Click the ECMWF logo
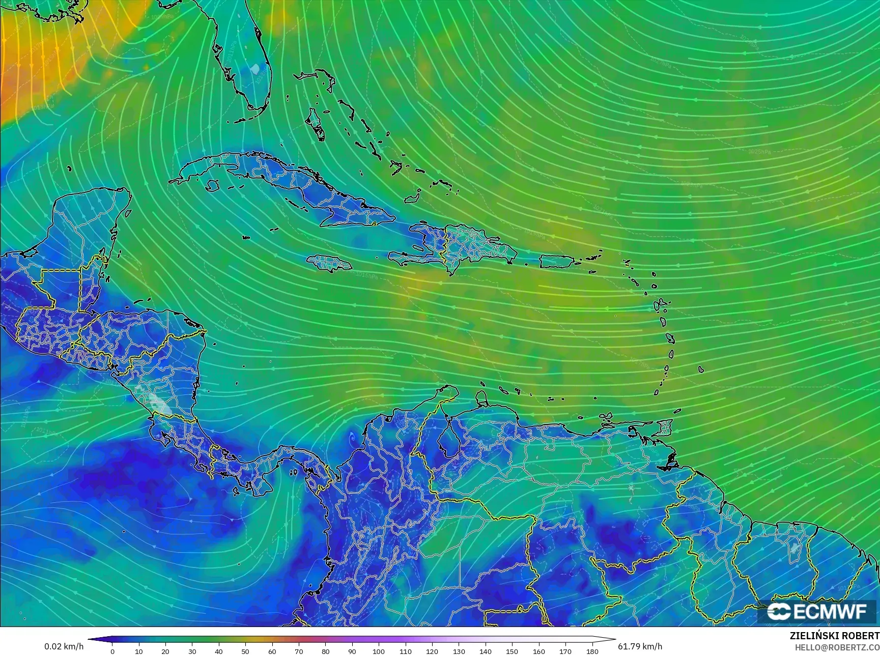pyautogui.click(x=817, y=612)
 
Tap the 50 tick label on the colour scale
pyautogui.click(x=245, y=651)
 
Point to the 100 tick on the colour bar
pyautogui.click(x=379, y=651)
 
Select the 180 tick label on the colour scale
pyautogui.click(x=592, y=651)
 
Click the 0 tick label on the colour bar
pyautogui.click(x=112, y=651)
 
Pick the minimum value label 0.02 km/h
pyautogui.click(x=64, y=646)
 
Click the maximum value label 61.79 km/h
pyautogui.click(x=640, y=646)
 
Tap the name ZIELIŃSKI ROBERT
pyautogui.click(x=834, y=636)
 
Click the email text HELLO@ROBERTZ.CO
pyautogui.click(x=837, y=647)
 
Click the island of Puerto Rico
pyautogui.click(x=556, y=262)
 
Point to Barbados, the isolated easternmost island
pyautogui.click(x=701, y=369)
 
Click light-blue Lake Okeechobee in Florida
pyautogui.click(x=254, y=69)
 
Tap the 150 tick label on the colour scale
pyautogui.click(x=512, y=651)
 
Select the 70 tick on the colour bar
pyautogui.click(x=299, y=651)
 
